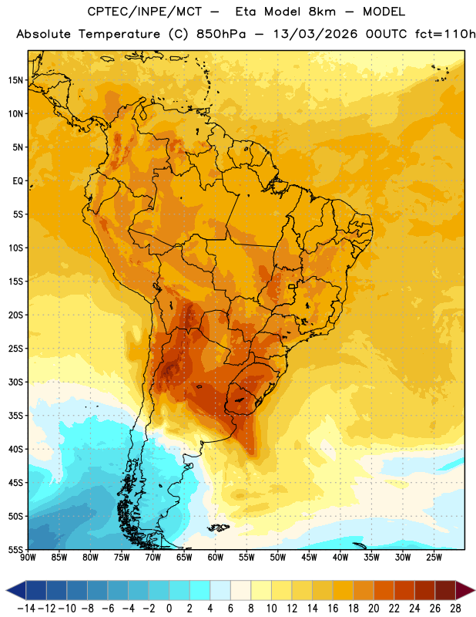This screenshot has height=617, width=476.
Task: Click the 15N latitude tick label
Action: click(x=15, y=80)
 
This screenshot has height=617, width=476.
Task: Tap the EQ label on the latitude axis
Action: click(x=18, y=181)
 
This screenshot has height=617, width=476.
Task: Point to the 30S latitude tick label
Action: click(x=15, y=382)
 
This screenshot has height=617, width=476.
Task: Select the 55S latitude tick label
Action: click(x=15, y=549)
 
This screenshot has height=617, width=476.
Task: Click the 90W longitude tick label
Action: click(x=28, y=558)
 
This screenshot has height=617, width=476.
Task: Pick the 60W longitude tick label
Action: click(x=216, y=558)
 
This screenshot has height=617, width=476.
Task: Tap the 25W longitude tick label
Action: click(x=434, y=558)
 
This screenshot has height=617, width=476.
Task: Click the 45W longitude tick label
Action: click(x=309, y=558)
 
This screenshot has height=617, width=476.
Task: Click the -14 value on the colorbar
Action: click(x=26, y=609)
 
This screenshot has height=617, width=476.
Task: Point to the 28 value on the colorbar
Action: click(x=455, y=609)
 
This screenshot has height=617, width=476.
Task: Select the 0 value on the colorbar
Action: click(x=169, y=609)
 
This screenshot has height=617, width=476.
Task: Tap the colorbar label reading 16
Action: click(x=333, y=609)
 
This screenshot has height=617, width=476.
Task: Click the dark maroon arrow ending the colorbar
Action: click(x=464, y=590)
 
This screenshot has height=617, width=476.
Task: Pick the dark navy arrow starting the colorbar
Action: click(x=16, y=590)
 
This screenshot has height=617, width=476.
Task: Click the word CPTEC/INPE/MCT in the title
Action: click(x=145, y=12)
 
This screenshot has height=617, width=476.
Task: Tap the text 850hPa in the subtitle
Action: click(x=221, y=34)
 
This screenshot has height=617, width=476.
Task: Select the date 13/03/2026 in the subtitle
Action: click(x=315, y=34)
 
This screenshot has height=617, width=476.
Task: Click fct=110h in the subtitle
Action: click(x=445, y=34)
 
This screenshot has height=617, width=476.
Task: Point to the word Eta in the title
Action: click(x=246, y=12)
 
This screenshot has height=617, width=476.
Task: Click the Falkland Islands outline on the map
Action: click(x=219, y=528)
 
